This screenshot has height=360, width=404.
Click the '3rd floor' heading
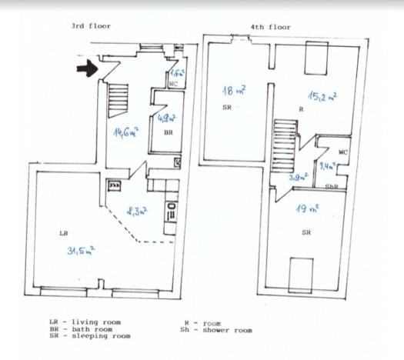pyautogui.click(x=91, y=25)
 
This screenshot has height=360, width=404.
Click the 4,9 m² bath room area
pyautogui.click(x=166, y=119)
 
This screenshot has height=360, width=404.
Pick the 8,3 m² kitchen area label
pyautogui.click(x=137, y=208)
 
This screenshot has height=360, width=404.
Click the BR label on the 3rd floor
pyautogui.click(x=167, y=132)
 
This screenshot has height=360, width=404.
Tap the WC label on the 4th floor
pyautogui.click(x=342, y=152)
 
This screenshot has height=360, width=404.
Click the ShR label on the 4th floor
pyautogui.click(x=332, y=187)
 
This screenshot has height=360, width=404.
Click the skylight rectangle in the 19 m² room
pyautogui.click(x=299, y=272)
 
